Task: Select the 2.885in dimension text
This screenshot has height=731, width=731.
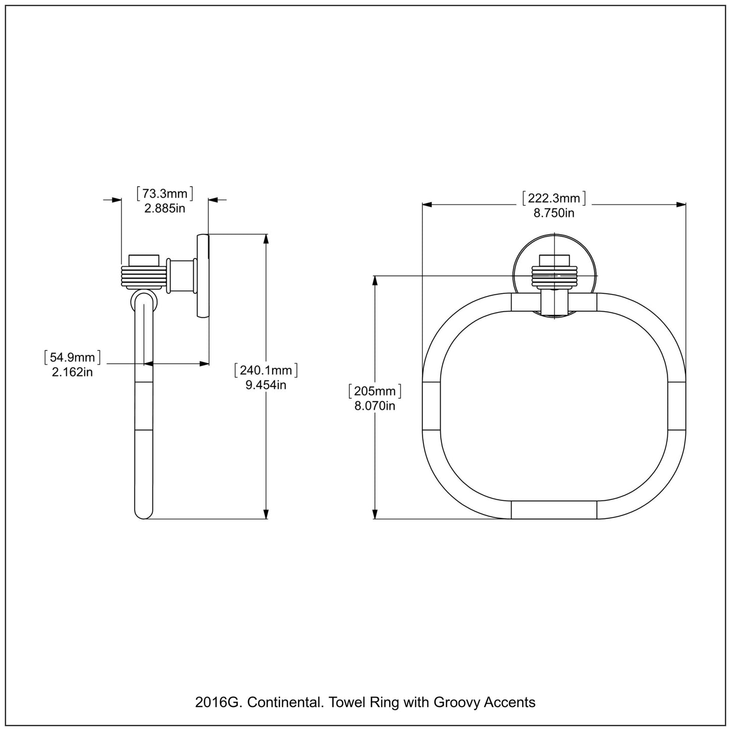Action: coord(165,208)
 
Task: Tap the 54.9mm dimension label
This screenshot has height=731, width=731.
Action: coord(72,358)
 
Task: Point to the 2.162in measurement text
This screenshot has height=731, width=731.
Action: coord(72,372)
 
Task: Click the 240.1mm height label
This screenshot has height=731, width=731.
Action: coord(266,370)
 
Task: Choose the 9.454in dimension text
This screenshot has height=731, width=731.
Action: coord(266,384)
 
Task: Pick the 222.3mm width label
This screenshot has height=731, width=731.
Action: coord(554,198)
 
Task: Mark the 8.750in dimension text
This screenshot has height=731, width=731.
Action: coord(554,212)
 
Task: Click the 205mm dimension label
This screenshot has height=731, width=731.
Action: coord(375,391)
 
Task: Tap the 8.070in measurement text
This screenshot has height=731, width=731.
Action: coord(375,405)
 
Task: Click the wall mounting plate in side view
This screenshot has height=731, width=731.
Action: coord(202,276)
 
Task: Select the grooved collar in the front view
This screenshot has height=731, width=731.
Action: coord(554,276)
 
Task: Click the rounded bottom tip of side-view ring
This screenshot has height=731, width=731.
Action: coord(144,512)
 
